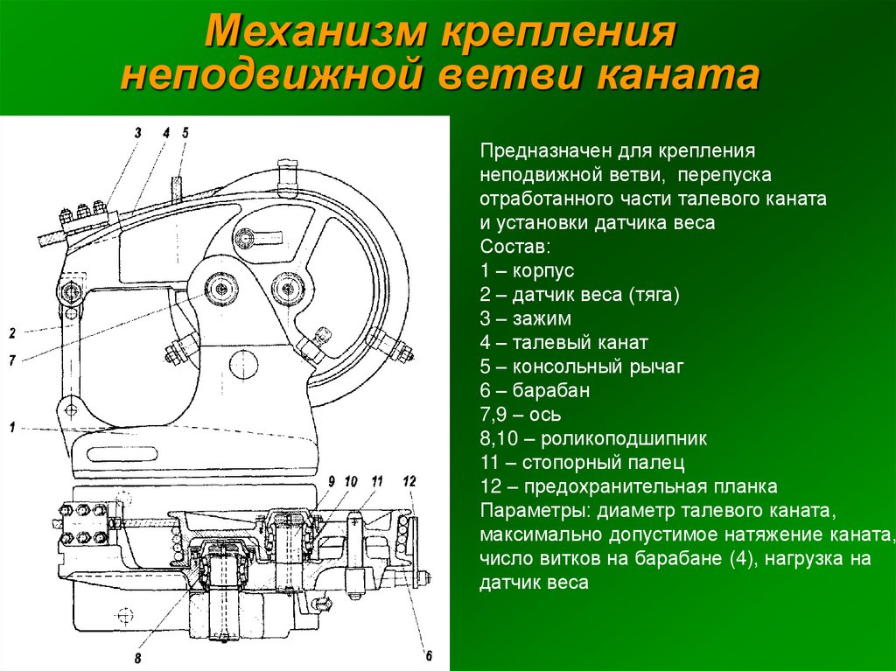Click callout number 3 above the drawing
click(x=137, y=133)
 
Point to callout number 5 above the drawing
click(x=185, y=133)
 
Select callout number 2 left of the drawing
click(x=12, y=332)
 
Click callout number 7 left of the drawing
click(x=12, y=360)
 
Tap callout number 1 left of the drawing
click(x=12, y=427)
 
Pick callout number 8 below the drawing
click(x=137, y=659)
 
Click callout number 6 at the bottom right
click(x=429, y=655)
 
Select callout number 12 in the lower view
click(x=409, y=481)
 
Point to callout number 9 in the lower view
click(x=331, y=481)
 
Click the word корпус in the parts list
click(x=542, y=270)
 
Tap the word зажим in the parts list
click(x=541, y=318)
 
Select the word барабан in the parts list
click(x=551, y=390)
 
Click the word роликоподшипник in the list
click(x=623, y=438)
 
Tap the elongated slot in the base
click(x=122, y=454)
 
